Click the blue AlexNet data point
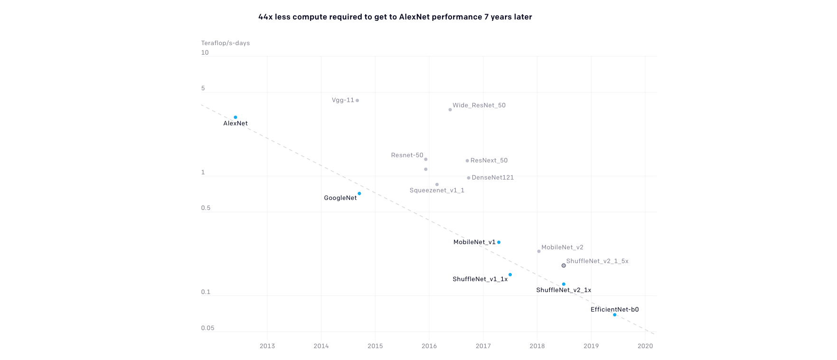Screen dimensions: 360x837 [x=235, y=117]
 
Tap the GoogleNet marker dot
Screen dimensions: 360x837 [x=359, y=194]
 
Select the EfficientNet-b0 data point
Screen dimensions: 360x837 [x=615, y=315]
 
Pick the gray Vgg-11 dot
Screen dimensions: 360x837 [x=357, y=101]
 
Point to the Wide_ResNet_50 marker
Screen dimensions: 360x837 [x=450, y=110]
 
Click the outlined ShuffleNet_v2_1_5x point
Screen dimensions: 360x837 [x=564, y=265]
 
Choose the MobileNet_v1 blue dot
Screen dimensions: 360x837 [x=498, y=242]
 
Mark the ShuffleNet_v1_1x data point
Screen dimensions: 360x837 [x=510, y=275]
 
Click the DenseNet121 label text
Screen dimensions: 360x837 [x=493, y=178]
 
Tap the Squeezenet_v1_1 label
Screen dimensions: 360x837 [x=437, y=190]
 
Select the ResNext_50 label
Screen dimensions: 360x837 [x=489, y=161]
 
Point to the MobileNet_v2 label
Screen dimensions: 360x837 [x=562, y=247]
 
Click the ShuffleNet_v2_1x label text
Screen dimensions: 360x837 [x=564, y=290]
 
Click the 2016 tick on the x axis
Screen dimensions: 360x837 [x=429, y=346]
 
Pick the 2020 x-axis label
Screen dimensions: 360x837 [x=645, y=346]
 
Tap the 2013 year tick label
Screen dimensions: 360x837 [x=267, y=346]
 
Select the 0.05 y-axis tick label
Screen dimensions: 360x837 [x=207, y=328]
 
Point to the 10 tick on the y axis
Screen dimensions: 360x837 [x=205, y=53]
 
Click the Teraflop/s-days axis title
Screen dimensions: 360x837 [x=226, y=43]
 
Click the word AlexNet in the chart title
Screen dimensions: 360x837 [x=414, y=17]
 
